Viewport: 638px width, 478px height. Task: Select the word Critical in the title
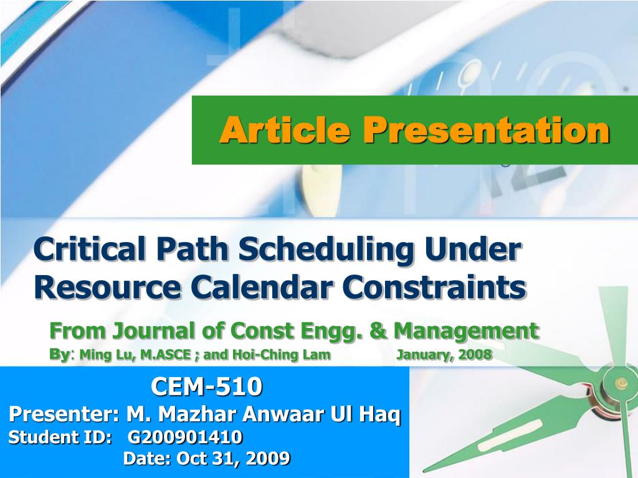point(90,249)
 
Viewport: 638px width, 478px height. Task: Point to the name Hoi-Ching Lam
point(282,355)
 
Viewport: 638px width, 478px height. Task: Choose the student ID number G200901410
point(185,437)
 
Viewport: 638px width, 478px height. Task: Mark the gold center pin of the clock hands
point(621,383)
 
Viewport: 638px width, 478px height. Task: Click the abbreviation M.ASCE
point(166,355)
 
